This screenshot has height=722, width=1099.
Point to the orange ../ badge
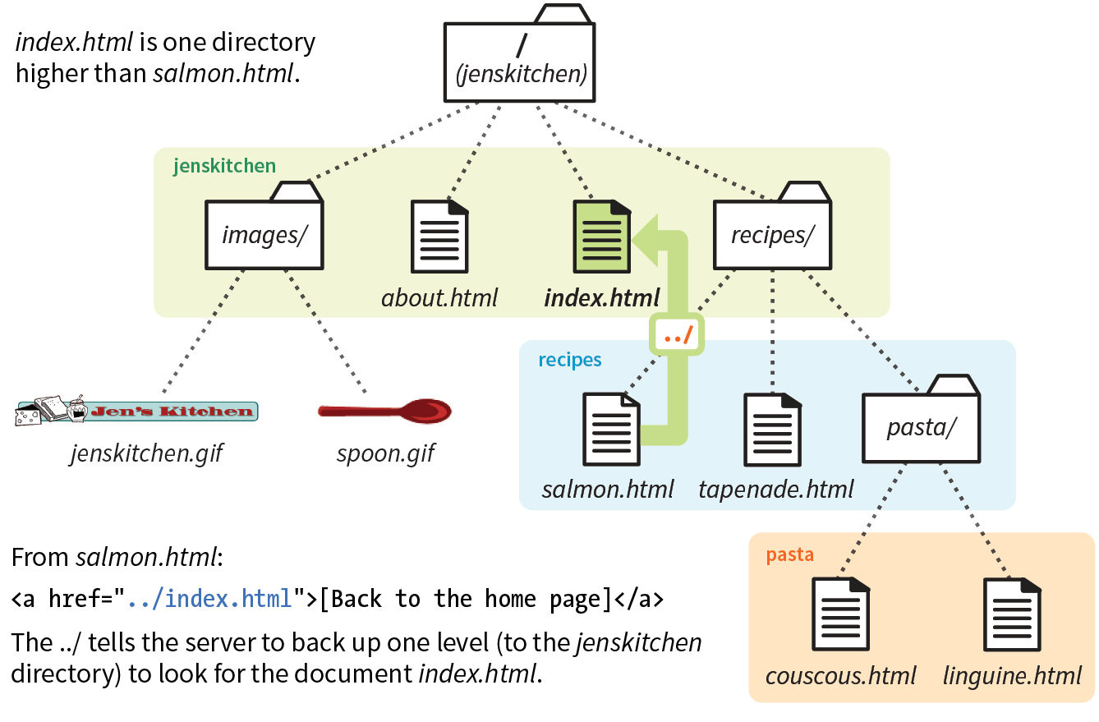coord(678,335)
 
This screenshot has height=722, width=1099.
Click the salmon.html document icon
coord(611,429)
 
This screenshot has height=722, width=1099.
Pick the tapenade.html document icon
coord(773,429)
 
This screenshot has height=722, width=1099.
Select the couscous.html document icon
coord(840,614)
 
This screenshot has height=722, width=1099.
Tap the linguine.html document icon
coord(1012,614)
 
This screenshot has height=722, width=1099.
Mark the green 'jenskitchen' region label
coord(224,166)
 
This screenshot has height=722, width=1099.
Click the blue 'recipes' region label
coord(570,360)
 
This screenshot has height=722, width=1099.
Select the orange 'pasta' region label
coord(789,554)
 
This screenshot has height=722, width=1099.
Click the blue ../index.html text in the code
coord(209,599)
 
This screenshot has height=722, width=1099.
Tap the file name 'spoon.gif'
coord(385,453)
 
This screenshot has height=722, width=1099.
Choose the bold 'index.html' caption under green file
coord(602,297)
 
